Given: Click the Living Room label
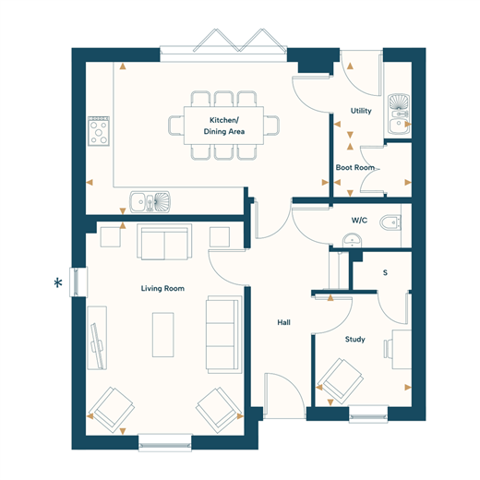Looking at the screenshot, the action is tap(162, 289).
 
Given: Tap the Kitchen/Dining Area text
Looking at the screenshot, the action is tap(224, 126).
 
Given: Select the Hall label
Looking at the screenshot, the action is tap(283, 322).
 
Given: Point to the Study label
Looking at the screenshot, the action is tap(354, 340).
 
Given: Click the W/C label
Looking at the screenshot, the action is tap(359, 221).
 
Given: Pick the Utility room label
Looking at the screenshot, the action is tap(361, 111).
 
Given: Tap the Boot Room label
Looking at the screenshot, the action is tap(354, 168).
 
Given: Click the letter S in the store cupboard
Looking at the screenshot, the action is tap(385, 272).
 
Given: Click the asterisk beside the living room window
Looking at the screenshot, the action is tap(58, 282).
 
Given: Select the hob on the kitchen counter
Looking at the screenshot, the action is tap(99, 131).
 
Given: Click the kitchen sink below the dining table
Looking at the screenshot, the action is tap(150, 202).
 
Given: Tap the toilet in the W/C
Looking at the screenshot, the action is tap(390, 222).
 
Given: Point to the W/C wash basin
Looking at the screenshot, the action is tap(352, 240).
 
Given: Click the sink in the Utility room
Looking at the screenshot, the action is tap(399, 114).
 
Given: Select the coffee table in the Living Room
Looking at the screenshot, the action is tap(163, 335).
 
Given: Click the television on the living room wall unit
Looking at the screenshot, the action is tap(98, 345).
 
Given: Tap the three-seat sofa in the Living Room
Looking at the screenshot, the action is tap(223, 335).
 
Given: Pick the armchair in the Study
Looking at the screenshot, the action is tap(340, 381).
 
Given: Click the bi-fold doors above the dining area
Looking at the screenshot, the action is tap(223, 46).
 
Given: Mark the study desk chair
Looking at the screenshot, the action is tap(388, 349).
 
